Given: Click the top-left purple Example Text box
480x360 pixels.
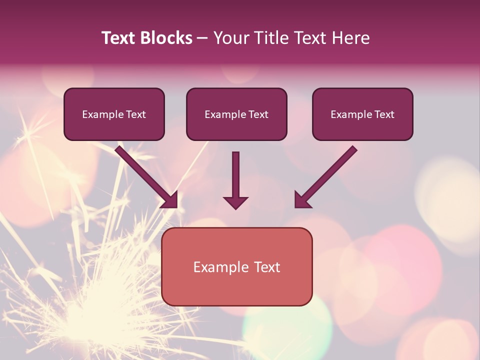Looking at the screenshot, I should (114, 114).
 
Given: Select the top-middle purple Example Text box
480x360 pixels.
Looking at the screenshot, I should (236, 114).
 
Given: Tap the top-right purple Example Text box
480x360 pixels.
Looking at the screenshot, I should (362, 114).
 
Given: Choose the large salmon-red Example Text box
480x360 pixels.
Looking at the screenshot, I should (236, 266).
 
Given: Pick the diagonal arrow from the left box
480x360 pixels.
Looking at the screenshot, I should (145, 175).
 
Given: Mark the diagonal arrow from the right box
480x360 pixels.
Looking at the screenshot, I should (327, 175).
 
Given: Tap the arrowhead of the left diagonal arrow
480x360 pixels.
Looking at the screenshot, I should (171, 200).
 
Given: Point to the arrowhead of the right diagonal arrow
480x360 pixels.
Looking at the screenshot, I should (301, 200).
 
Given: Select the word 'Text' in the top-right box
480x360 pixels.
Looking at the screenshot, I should (384, 114).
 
